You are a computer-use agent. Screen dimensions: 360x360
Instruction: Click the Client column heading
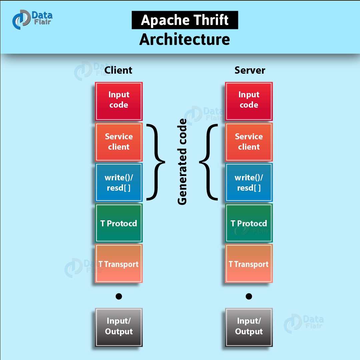click(x=118, y=70)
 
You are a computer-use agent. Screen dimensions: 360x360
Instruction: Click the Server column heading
click(x=250, y=70)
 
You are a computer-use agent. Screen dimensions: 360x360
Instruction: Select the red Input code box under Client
click(x=119, y=101)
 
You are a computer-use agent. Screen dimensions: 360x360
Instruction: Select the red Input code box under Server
click(x=249, y=101)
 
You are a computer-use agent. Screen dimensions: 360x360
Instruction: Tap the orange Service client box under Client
click(x=119, y=142)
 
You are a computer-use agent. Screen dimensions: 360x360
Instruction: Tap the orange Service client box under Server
click(x=249, y=142)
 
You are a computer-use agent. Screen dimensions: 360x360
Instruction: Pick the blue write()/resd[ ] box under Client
click(x=119, y=182)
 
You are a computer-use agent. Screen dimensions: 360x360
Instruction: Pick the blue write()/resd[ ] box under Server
click(x=249, y=182)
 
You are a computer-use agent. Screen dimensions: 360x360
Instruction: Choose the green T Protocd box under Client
click(x=119, y=223)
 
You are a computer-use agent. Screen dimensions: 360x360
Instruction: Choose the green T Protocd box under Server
click(x=249, y=223)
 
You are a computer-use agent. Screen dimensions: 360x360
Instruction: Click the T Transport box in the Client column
click(x=119, y=264)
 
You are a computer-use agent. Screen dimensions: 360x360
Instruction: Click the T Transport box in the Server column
click(x=249, y=264)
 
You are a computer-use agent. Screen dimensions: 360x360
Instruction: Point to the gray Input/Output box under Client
click(x=119, y=327)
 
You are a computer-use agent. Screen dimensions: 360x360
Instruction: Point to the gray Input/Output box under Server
click(x=249, y=327)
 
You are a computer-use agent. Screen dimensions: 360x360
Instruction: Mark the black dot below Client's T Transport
click(x=119, y=296)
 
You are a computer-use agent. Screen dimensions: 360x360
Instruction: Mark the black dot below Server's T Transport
click(x=249, y=296)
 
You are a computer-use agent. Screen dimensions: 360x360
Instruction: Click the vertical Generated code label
click(x=182, y=162)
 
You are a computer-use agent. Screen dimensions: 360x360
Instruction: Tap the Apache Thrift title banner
click(x=185, y=20)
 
